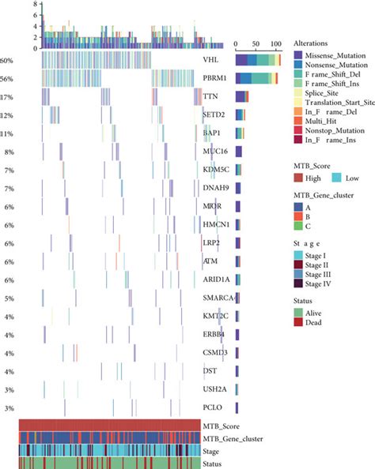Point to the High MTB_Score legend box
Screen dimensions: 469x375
coord(299,179)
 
